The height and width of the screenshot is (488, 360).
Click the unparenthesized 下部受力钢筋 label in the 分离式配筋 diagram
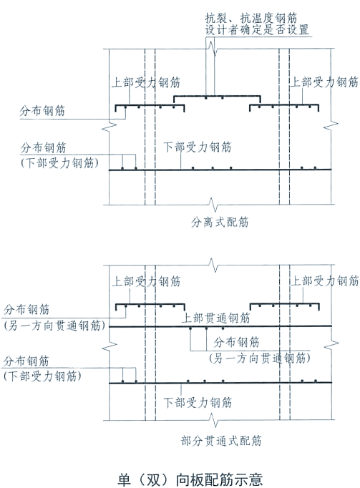click(198, 147)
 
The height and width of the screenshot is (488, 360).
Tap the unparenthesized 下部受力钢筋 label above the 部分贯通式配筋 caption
click(198, 402)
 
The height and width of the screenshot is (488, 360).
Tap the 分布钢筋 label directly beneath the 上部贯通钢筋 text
click(238, 341)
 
